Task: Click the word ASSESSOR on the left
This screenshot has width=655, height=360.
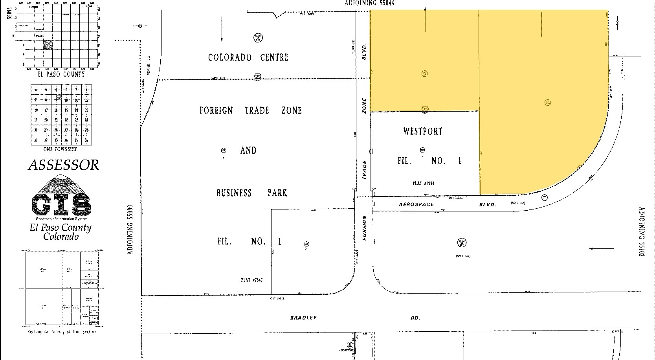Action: coord(64,165)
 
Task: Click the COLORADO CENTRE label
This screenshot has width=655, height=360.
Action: coord(248,57)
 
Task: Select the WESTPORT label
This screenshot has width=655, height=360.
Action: coord(423,131)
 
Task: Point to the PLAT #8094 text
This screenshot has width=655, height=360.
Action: coord(423,183)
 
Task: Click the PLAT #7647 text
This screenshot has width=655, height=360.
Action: coord(251,280)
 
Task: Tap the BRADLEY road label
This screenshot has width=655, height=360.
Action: coord(303,318)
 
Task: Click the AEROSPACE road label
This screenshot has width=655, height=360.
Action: coord(416,204)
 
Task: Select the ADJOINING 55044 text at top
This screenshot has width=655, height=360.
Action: coord(369,3)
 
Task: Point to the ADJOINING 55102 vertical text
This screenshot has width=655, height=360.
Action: coord(642,232)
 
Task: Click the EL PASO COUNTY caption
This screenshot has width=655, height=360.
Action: coord(61,74)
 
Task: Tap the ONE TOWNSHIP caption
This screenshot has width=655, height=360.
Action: coord(60,149)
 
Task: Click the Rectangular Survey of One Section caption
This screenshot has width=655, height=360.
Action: coord(62,332)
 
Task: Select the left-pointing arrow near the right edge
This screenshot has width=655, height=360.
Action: coord(602,248)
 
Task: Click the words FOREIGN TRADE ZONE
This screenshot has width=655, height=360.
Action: coord(250,110)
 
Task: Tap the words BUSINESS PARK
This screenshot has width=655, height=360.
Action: coord(252,193)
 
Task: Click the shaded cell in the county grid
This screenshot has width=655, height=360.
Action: coord(48,45)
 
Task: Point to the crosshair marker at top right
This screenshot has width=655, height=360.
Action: coord(617,23)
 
